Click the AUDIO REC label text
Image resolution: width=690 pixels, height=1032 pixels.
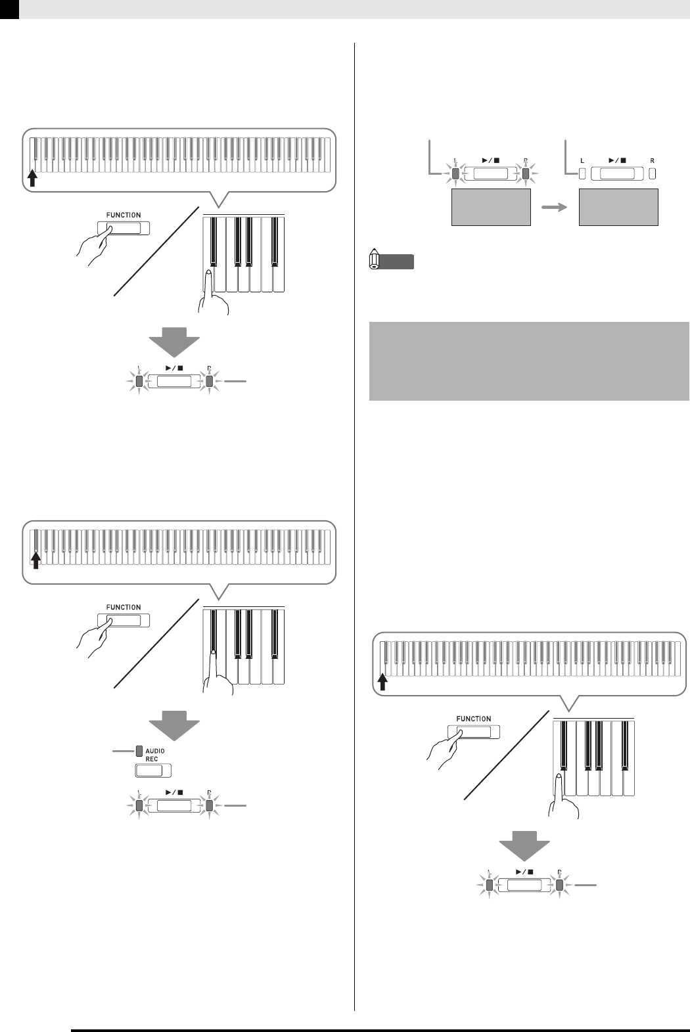[x=154, y=754]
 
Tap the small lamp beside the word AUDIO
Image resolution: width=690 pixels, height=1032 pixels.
[x=139, y=750]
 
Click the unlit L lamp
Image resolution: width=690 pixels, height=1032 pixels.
[x=582, y=174]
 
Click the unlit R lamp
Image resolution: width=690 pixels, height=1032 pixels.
[x=653, y=174]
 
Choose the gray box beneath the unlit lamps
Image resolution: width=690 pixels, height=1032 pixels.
[x=618, y=208]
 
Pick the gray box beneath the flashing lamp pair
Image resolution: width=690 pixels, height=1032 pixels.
[x=490, y=208]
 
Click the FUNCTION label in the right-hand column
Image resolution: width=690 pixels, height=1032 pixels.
[x=473, y=719]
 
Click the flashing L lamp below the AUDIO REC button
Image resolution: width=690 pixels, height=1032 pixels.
[x=139, y=806]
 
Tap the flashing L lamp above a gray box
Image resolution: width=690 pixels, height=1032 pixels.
[x=455, y=174]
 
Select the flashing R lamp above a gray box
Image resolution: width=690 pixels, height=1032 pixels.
[x=525, y=174]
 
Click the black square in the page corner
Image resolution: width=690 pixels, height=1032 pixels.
[x=9, y=9]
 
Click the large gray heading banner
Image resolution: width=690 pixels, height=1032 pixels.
[x=529, y=361]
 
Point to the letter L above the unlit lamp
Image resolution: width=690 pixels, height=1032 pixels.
[x=581, y=160]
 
